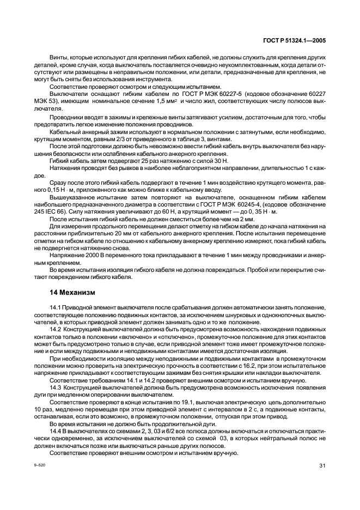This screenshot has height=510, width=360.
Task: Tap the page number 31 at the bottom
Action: pyautogui.click(x=321, y=465)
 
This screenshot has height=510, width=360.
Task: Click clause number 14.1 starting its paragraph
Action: pyautogui.click(x=56, y=308)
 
